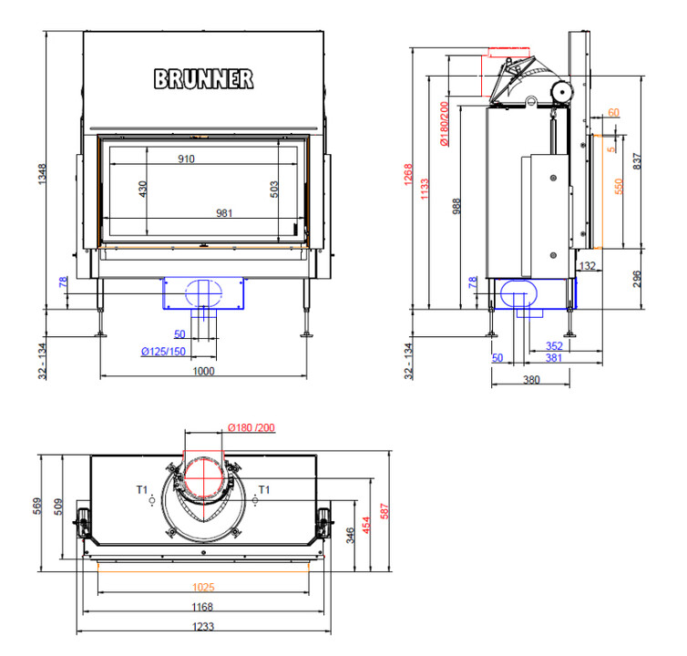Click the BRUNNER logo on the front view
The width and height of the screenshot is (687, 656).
pos(204,79)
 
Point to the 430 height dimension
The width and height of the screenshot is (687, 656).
pos(142,189)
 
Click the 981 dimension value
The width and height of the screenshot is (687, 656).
pos(224,214)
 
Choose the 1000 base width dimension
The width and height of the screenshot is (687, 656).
pos(203,371)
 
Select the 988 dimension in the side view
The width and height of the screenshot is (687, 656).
pos(456,206)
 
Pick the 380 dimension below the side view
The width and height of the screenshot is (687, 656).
pos(530,379)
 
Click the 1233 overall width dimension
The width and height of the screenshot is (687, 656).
pos(202,629)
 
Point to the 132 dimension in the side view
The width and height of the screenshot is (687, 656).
pos(587,266)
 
